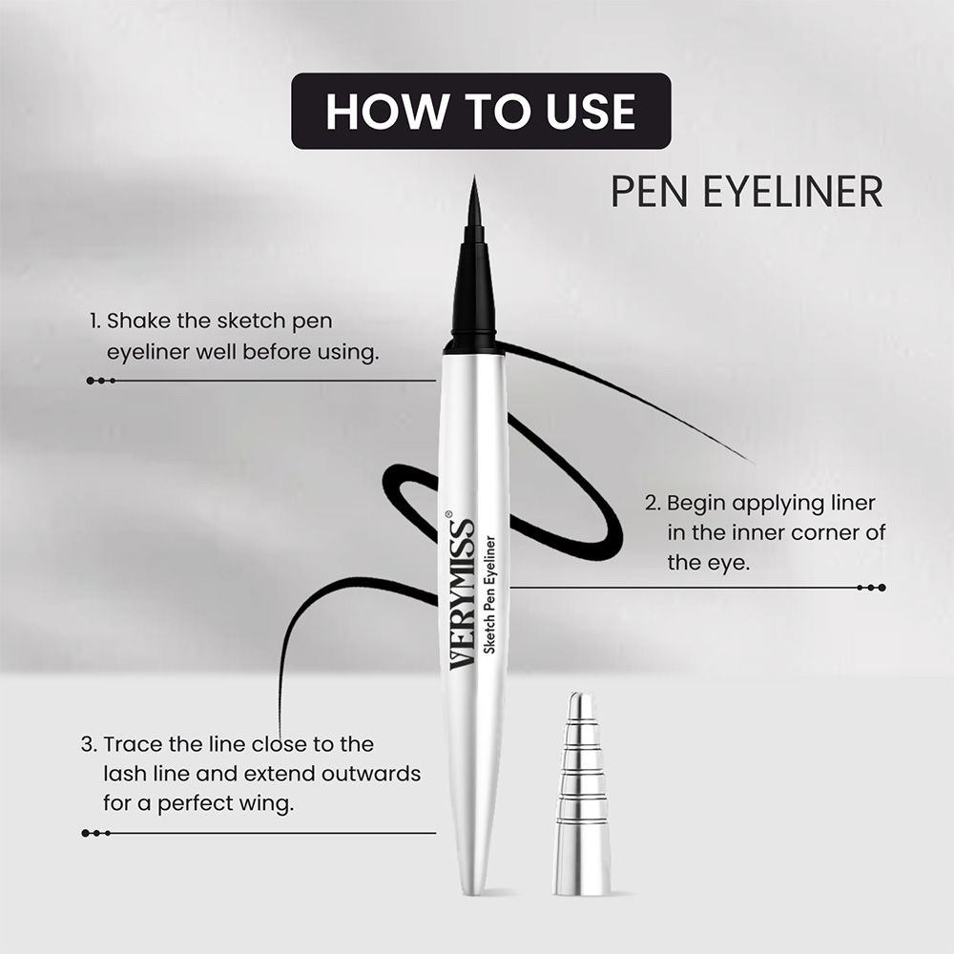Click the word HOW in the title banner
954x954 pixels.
(386, 112)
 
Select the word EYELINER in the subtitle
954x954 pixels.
(793, 191)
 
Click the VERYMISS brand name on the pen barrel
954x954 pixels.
(463, 593)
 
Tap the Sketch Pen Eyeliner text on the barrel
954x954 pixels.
(489, 595)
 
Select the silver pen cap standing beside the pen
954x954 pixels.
(581, 794)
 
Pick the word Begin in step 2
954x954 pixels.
(696, 505)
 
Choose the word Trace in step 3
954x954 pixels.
(134, 744)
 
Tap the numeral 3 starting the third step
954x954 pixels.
(88, 744)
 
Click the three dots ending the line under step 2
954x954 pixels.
(871, 588)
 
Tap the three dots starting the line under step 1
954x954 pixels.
(101, 381)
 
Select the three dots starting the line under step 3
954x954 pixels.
(96, 833)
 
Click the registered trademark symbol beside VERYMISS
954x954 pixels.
(449, 514)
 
